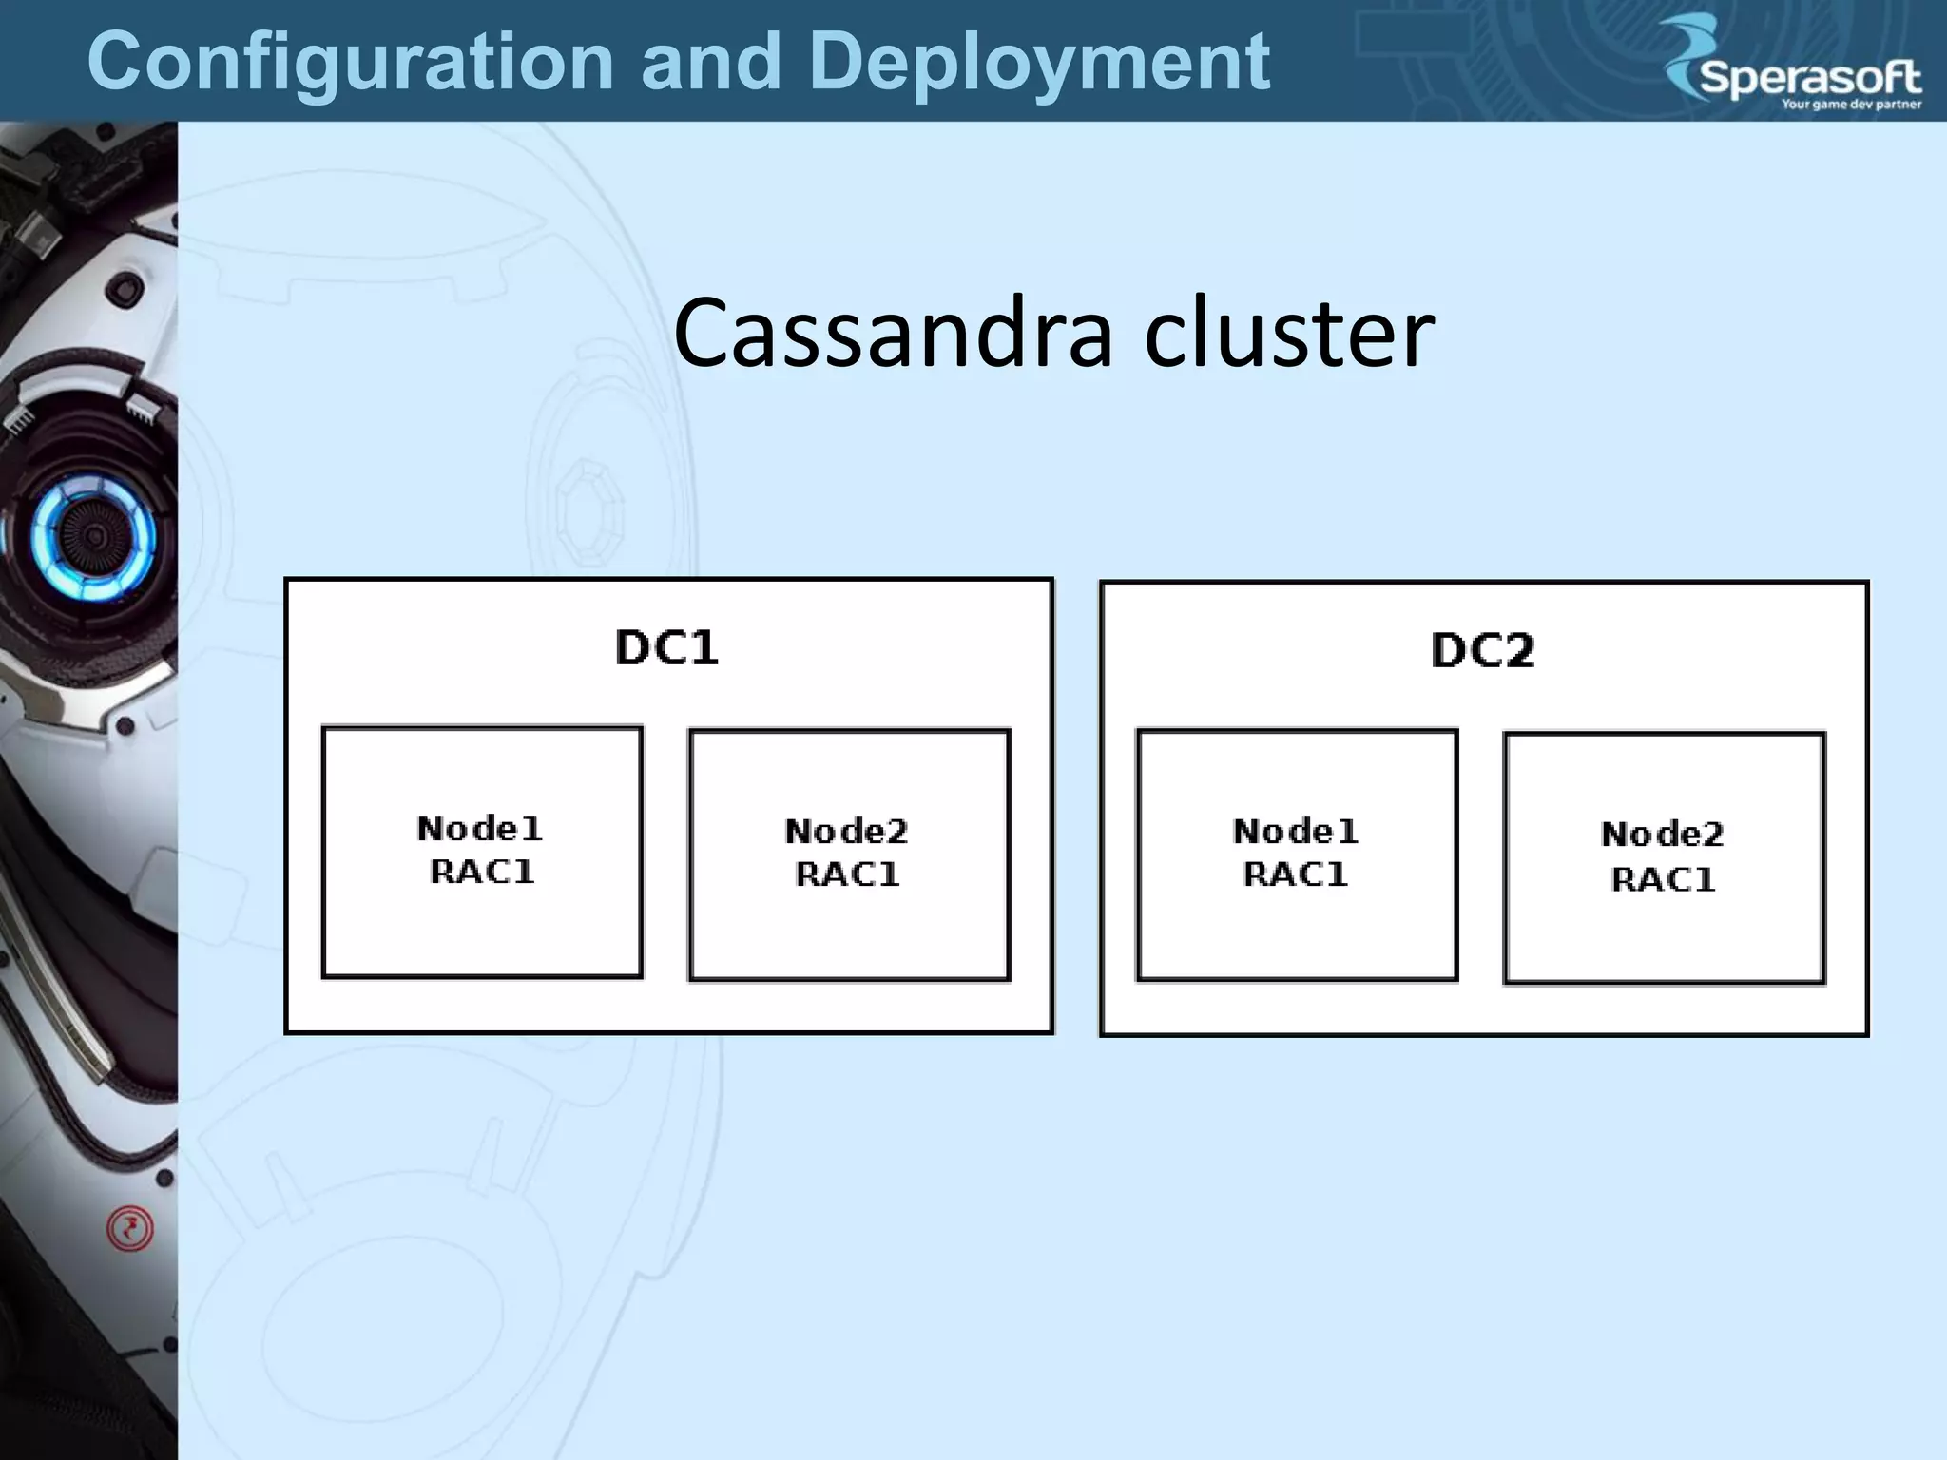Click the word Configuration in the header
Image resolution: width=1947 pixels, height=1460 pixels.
350,62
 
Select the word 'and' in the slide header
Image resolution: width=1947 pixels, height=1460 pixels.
711,62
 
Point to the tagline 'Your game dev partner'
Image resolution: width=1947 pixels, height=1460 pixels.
1851,105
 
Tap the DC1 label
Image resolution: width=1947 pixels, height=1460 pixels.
666,648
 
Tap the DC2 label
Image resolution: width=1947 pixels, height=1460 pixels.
1482,651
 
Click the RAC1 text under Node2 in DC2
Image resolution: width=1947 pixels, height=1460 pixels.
1663,880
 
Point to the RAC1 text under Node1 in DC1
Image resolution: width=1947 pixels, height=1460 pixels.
482,872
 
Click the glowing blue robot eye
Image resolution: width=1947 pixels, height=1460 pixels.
92,537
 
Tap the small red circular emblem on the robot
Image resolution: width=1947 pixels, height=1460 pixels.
129,1229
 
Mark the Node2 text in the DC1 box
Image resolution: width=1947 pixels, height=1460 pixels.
846,832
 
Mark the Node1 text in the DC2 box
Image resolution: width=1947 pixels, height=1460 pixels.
1295,832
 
